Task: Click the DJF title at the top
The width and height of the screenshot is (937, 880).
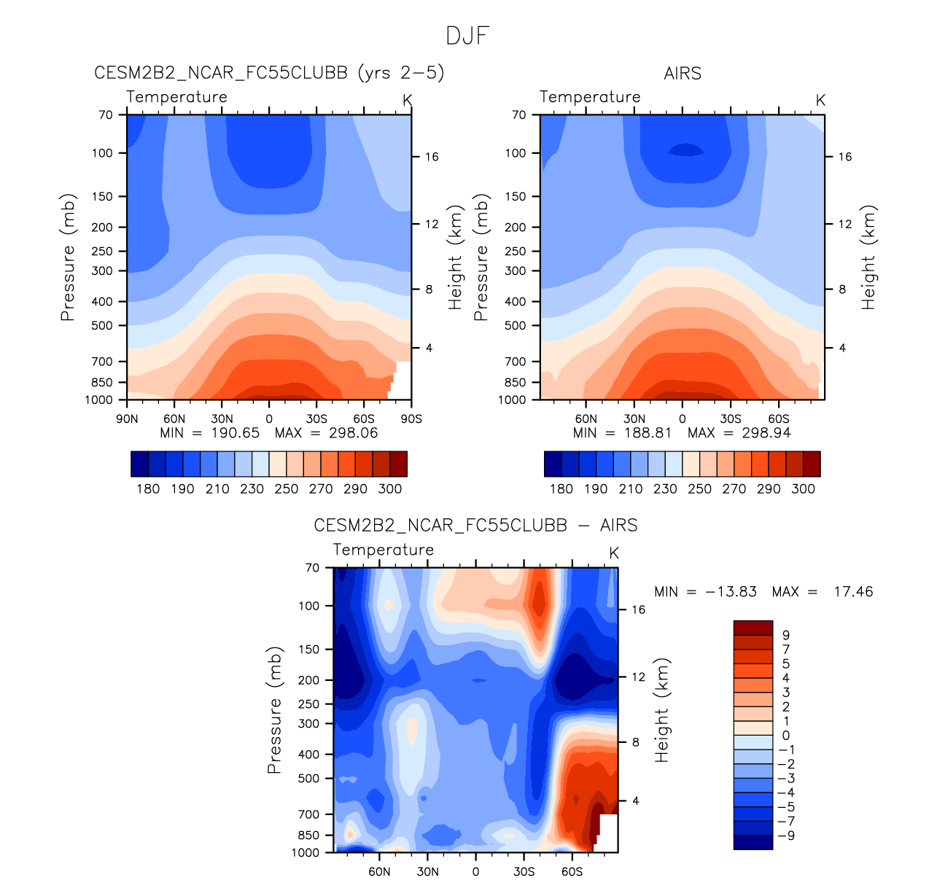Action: coord(467,36)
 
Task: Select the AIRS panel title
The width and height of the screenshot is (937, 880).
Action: coord(682,74)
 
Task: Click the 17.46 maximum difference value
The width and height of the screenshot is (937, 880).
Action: coord(852,592)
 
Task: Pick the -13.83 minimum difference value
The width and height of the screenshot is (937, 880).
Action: coord(731,592)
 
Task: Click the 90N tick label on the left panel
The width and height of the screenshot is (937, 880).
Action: coord(127,419)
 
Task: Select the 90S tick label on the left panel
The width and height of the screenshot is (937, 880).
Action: coord(411,419)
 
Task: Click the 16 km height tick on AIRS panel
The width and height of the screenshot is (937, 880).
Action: coord(844,157)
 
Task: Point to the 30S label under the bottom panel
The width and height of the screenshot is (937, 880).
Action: coord(524,872)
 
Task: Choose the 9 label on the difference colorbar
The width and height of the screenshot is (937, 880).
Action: coord(785,636)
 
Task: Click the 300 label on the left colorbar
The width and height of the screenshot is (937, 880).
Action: coord(390,489)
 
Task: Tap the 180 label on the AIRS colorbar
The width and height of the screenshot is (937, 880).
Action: coord(561,489)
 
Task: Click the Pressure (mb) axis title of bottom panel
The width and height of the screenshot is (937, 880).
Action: coord(274,709)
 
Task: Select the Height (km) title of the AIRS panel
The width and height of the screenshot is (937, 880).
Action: coord(868,257)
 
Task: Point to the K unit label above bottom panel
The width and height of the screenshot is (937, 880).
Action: coord(614,553)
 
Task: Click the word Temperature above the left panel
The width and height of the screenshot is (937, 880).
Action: coord(176,97)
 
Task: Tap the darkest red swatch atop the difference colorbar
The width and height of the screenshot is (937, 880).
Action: coord(753,627)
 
